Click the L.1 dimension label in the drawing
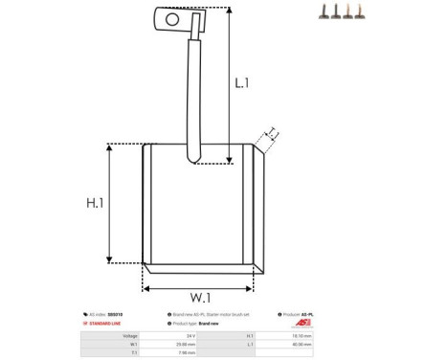(x=242, y=84)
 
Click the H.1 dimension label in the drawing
(x=95, y=203)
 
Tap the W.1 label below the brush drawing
(x=198, y=297)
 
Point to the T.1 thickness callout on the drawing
(x=272, y=133)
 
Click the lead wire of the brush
(x=194, y=96)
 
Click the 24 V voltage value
(x=190, y=336)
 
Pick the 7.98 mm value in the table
(x=187, y=352)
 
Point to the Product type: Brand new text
(x=195, y=324)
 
